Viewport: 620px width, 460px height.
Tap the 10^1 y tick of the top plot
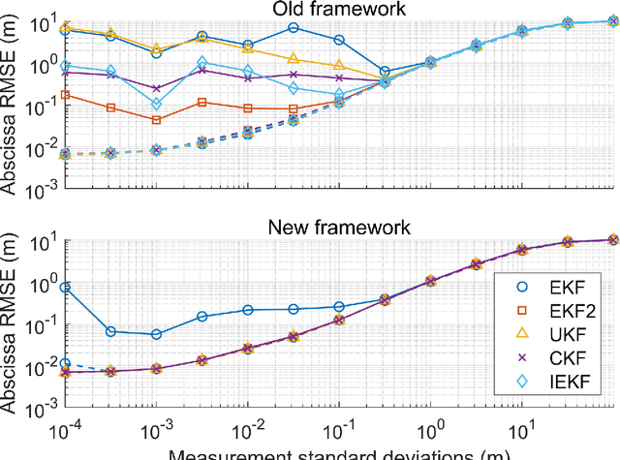[x=45, y=22]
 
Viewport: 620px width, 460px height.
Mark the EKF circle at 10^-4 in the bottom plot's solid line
[x=66, y=288]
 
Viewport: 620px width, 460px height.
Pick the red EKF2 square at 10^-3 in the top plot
[x=157, y=119]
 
